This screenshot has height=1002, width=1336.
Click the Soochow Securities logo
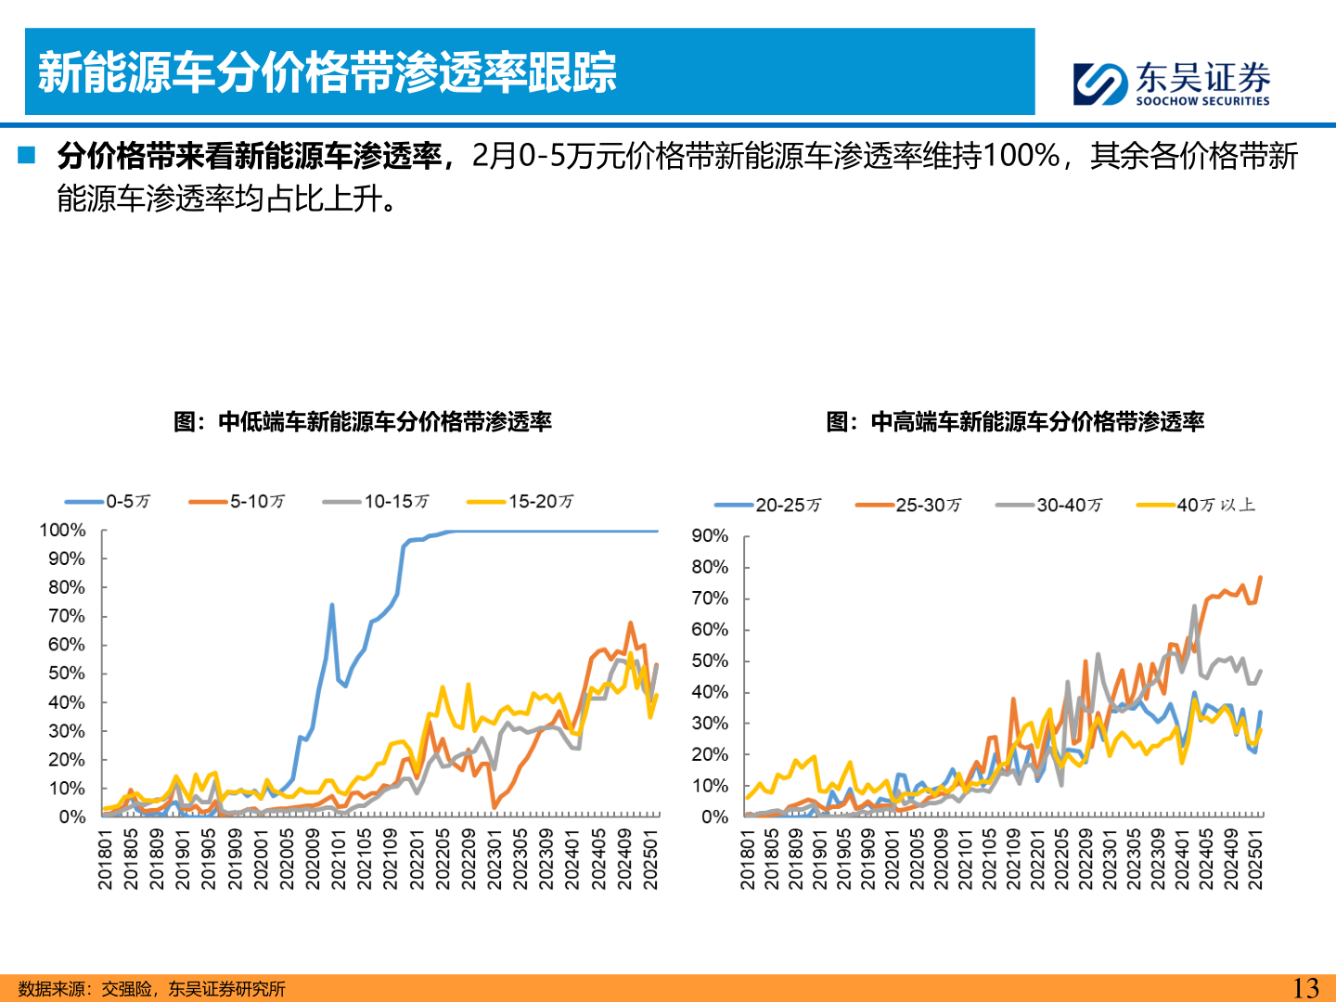tap(1171, 83)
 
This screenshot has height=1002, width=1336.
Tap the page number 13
tap(1305, 988)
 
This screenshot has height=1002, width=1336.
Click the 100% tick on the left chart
tap(62, 531)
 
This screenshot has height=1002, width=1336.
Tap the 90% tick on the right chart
tap(710, 536)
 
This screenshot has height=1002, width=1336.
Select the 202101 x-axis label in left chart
tap(339, 859)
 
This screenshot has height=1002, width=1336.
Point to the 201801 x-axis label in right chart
tap(748, 861)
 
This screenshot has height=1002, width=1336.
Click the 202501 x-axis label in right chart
tap(1255, 861)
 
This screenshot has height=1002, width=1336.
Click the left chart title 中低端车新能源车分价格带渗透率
tap(363, 422)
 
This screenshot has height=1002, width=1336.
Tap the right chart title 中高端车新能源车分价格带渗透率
tap(1015, 422)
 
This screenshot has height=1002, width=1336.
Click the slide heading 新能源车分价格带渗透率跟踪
tap(327, 72)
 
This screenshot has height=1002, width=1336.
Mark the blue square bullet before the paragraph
tap(26, 155)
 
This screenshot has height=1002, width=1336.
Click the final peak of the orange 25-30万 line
tap(1260, 578)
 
